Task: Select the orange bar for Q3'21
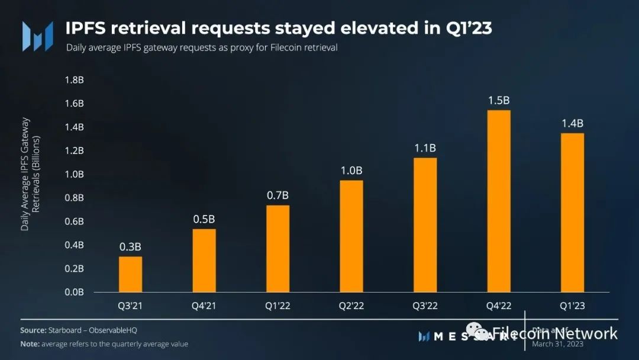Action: point(130,274)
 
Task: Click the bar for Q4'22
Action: point(499,201)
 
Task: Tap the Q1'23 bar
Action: point(572,213)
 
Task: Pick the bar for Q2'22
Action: point(351,236)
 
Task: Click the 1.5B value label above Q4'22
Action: point(499,101)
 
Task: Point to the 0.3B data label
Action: point(130,247)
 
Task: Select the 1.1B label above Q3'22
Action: point(425,148)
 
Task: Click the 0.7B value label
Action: point(277,195)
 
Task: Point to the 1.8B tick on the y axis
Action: point(73,80)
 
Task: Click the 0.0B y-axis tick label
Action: point(73,292)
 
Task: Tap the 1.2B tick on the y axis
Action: point(73,150)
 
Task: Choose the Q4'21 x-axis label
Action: point(204,306)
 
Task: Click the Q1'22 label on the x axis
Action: point(277,306)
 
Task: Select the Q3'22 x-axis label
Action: point(425,306)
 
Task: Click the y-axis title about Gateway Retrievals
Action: point(30,174)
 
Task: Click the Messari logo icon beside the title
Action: point(37,36)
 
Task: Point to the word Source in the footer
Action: point(33,330)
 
